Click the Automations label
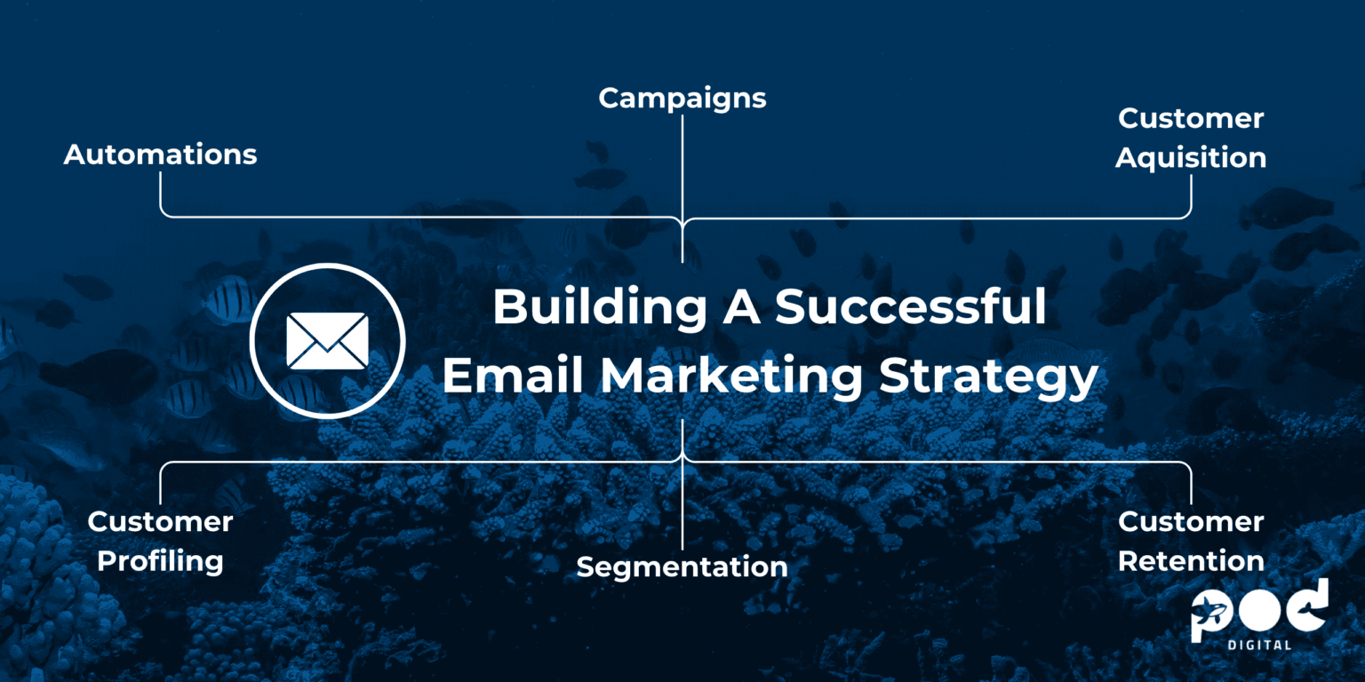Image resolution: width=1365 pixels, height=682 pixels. click(160, 155)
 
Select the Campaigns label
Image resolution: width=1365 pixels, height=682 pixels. click(682, 99)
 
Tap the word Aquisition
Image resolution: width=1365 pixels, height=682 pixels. click(1190, 158)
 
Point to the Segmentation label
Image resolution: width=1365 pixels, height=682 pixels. click(682, 567)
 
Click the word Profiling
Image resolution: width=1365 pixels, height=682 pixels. click(160, 561)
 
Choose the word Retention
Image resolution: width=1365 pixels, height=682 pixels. click(1190, 561)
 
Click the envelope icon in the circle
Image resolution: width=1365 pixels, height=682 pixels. click(327, 341)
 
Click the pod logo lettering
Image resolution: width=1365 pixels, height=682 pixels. click(1260, 611)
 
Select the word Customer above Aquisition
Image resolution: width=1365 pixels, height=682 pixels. click(1190, 119)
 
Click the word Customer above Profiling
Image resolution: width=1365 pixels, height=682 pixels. click(160, 522)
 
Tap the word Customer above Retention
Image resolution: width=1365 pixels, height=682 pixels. click(1190, 522)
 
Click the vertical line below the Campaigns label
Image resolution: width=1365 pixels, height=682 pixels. click(682, 178)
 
